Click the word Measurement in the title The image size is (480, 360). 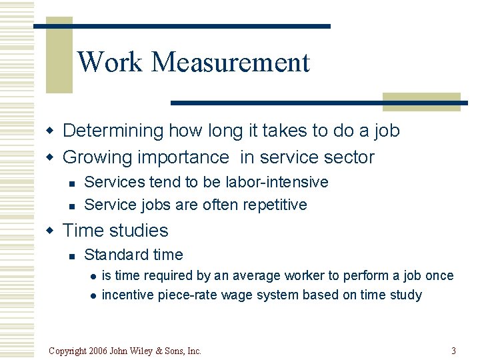tap(231, 63)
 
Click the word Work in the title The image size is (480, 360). tap(110, 63)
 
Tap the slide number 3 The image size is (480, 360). tap(453, 351)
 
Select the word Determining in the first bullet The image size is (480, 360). tap(113, 131)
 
